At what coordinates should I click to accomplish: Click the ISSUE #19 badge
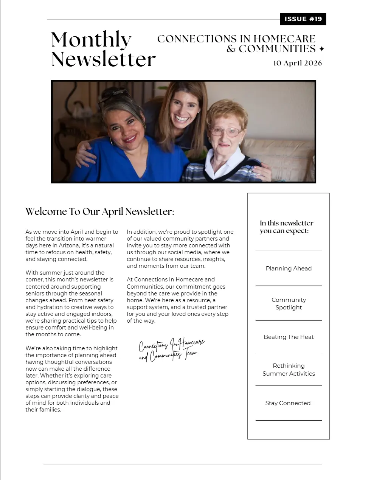(303, 19)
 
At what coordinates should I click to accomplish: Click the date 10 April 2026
(297, 63)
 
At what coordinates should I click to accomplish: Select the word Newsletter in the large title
(103, 60)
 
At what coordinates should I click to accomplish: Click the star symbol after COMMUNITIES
(322, 49)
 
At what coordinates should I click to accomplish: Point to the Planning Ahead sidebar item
(289, 269)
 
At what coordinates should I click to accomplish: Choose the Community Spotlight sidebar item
(289, 303)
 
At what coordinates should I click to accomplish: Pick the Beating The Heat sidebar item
(289, 337)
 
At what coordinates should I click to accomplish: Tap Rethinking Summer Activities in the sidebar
(289, 370)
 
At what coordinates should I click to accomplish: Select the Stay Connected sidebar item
(288, 403)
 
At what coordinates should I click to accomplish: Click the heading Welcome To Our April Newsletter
(100, 211)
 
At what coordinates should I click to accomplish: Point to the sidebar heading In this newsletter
(286, 227)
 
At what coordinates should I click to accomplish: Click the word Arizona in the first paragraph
(69, 245)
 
